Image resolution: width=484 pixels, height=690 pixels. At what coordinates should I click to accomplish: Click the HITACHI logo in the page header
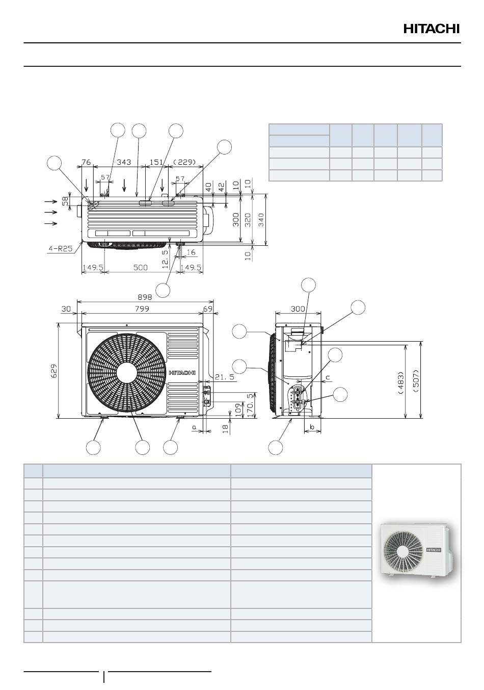coord(432,29)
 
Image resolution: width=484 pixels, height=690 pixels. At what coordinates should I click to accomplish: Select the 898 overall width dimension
coord(145,297)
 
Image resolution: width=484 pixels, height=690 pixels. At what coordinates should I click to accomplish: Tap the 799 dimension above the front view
coord(142,309)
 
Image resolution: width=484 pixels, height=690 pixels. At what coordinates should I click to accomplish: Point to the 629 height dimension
coord(54,371)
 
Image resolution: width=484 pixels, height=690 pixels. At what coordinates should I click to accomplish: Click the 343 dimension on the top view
coord(124,162)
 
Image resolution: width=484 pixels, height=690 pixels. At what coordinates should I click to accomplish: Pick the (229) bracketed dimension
coord(184,162)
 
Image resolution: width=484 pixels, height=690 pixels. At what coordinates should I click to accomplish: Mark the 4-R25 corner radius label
coord(61,248)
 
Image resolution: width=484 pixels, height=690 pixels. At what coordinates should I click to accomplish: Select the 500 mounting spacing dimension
coord(140,267)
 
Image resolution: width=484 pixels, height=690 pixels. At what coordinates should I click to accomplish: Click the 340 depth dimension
coord(261,220)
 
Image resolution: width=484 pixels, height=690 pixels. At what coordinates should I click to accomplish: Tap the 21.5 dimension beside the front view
coord(224,377)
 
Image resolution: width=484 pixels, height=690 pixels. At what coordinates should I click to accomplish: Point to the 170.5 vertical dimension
coord(251,405)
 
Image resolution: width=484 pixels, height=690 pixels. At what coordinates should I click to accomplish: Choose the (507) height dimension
coord(416,380)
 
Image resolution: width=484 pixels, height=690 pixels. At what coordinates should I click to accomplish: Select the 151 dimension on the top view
coord(156,162)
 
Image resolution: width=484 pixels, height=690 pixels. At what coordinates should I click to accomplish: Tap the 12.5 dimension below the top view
coord(165,259)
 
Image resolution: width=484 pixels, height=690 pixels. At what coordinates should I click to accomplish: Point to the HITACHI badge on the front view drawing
coord(182,373)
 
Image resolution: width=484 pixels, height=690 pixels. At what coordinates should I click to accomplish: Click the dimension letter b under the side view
coord(312,427)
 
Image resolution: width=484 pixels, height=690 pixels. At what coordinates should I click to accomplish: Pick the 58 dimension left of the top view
coord(65,201)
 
